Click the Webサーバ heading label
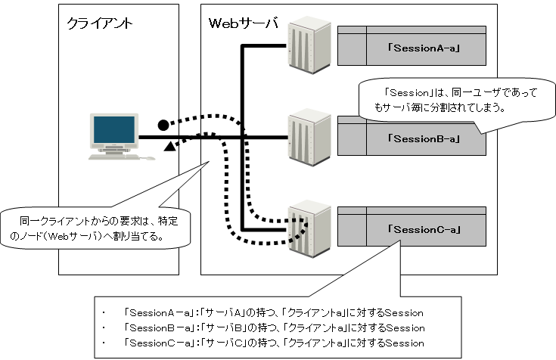click(x=242, y=23)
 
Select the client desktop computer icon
click(x=116, y=137)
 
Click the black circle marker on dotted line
click(x=163, y=124)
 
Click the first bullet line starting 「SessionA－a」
click(x=272, y=312)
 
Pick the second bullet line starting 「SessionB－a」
click(x=272, y=327)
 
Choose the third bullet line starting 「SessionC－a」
click(x=272, y=343)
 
